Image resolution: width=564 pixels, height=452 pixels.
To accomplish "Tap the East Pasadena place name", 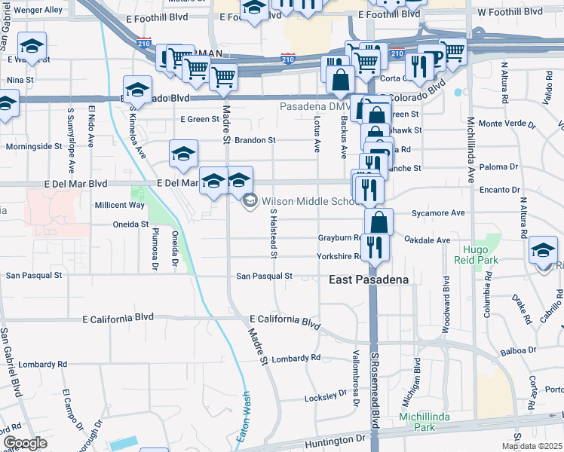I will (369, 279).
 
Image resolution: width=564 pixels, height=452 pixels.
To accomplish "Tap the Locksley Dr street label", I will (324, 397).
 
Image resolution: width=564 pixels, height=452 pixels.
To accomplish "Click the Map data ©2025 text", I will (532, 446).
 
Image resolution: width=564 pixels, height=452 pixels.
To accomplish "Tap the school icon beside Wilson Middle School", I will (250, 201).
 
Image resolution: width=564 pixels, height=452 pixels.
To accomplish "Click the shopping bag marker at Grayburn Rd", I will (379, 221).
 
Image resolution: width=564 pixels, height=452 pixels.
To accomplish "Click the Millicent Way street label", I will (119, 205).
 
